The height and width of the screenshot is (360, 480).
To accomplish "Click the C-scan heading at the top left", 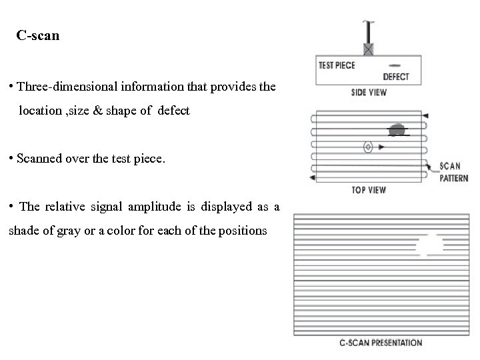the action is pyautogui.click(x=38, y=36).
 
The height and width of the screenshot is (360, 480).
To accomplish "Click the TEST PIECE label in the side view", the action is pyautogui.click(x=337, y=65).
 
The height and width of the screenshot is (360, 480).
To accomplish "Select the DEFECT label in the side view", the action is pyautogui.click(x=396, y=77).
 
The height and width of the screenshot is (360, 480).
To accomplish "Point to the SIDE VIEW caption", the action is pyautogui.click(x=369, y=93).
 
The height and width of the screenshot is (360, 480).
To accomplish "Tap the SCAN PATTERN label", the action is pyautogui.click(x=454, y=172).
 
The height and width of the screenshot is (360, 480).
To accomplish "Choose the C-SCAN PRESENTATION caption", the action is pyautogui.click(x=381, y=343).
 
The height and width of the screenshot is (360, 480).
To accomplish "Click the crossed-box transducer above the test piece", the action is pyautogui.click(x=367, y=49).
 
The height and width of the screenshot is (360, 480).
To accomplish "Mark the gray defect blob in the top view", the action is pyautogui.click(x=397, y=129).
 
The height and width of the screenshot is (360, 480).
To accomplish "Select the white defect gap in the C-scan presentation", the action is pyautogui.click(x=429, y=245).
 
